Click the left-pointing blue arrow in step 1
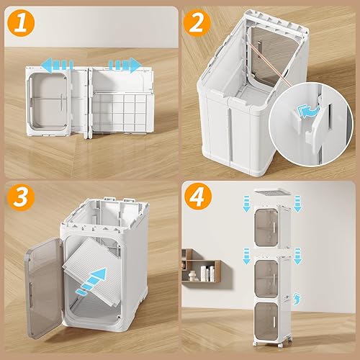(x=54, y=65)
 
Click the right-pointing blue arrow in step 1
(x=124, y=65)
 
